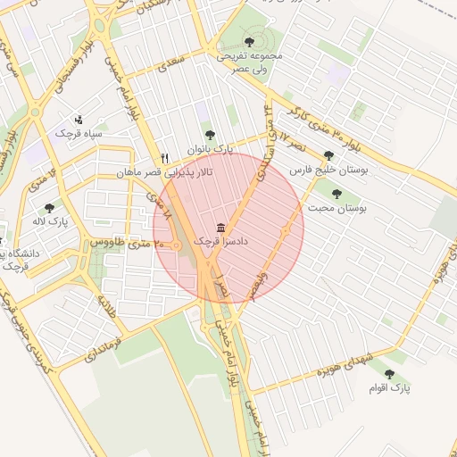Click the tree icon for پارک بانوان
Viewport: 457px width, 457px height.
(x=211, y=136)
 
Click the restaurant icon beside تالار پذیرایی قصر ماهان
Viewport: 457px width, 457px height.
(x=164, y=158)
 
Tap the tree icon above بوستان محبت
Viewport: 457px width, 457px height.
(x=337, y=194)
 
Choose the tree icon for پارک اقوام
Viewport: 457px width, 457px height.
(x=388, y=375)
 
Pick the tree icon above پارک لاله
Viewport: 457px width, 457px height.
(x=49, y=207)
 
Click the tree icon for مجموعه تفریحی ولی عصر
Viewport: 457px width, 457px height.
(x=249, y=41)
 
